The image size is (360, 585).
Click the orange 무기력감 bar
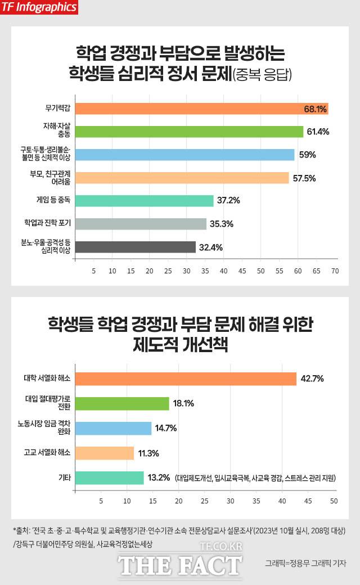tap(201, 109)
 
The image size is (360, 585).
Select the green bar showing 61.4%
tap(189, 132)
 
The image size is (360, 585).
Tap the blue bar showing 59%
tap(184, 155)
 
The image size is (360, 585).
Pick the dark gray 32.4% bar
tap(135, 247)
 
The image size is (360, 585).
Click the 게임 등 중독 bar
tap(144, 201)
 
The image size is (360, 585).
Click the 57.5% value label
tap(304, 178)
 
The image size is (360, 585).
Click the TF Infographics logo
tap(39, 7)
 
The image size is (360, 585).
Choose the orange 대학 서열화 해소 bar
tap(186, 379)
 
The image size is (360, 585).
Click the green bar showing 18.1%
tap(122, 403)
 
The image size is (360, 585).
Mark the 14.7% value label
tap(166, 428)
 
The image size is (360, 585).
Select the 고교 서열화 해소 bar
tap(105, 453)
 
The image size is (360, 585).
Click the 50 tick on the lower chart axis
tap(334, 500)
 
